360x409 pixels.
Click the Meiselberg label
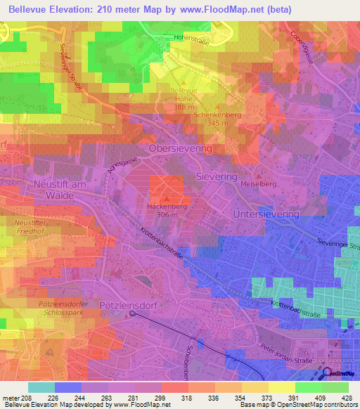258,183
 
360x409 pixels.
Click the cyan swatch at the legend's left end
41,387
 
